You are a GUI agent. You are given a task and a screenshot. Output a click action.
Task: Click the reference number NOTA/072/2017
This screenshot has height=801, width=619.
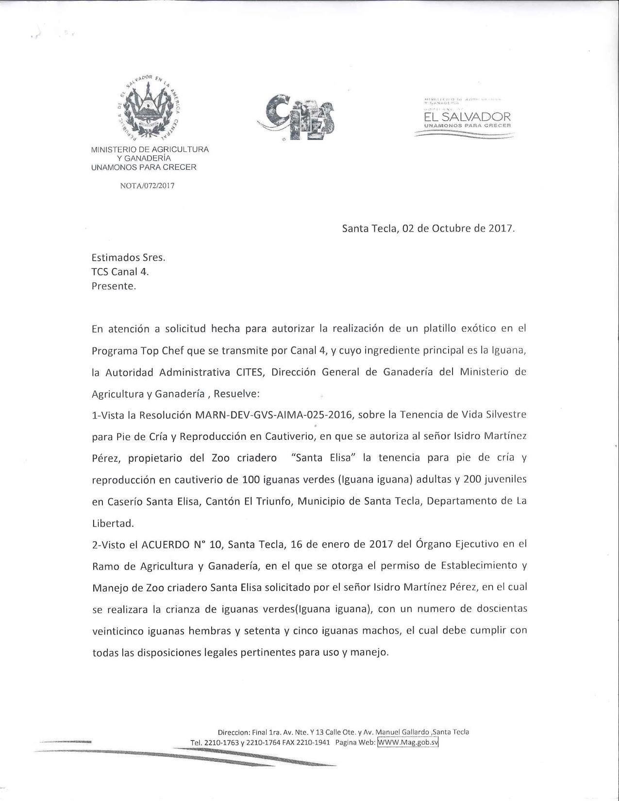click(x=147, y=185)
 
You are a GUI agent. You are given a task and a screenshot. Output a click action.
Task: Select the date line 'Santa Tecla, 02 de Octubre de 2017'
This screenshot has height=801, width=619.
click(x=428, y=229)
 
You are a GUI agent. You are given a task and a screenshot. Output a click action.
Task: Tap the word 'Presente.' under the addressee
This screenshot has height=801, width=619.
click(x=114, y=286)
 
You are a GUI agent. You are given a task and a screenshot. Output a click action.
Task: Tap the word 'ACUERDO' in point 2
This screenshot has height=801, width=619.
click(x=165, y=545)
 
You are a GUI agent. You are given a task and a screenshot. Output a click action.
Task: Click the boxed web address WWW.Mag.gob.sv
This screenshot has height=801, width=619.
click(x=408, y=742)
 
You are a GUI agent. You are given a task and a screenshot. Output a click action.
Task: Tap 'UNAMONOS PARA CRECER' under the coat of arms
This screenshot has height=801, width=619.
click(x=144, y=167)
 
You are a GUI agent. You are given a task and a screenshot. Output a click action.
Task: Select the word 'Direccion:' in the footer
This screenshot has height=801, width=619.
click(x=234, y=732)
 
